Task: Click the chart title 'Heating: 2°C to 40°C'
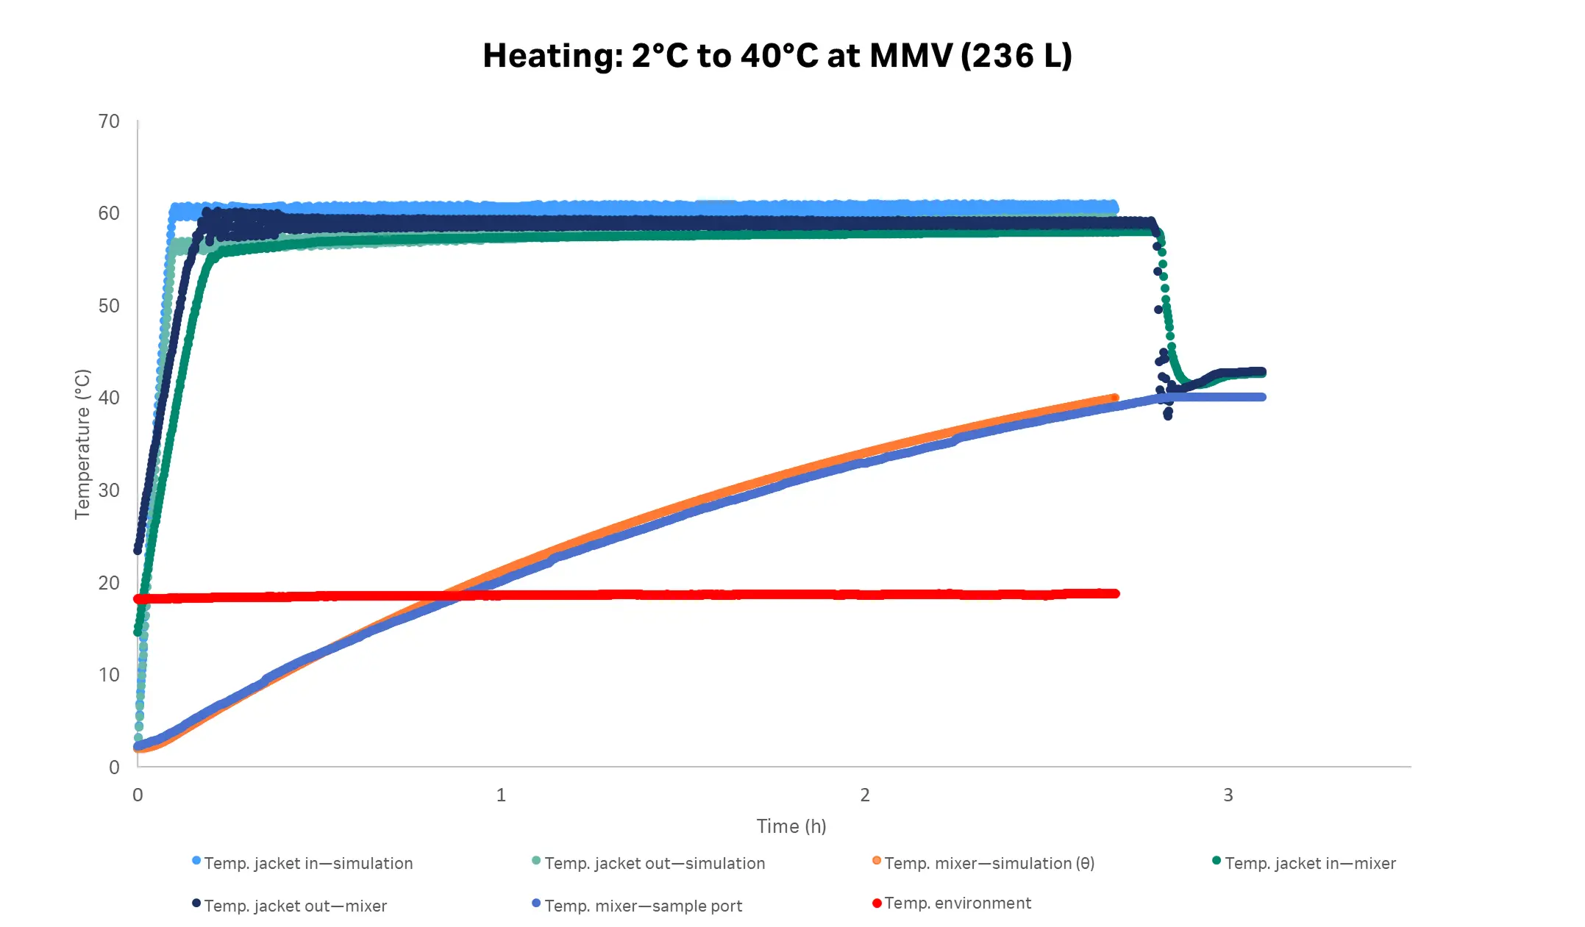(777, 56)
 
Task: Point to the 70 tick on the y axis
(109, 121)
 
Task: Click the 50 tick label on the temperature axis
(109, 306)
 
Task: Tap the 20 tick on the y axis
(109, 583)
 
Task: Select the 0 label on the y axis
(114, 767)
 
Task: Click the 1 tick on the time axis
(501, 795)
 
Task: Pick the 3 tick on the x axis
(1228, 795)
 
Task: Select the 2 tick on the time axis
(864, 795)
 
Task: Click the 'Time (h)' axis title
(791, 826)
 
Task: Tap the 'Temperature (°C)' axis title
(82, 444)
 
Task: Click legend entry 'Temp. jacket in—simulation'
(307, 863)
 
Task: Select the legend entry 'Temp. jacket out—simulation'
(654, 863)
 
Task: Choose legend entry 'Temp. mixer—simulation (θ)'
(989, 863)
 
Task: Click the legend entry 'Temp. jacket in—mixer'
(1309, 863)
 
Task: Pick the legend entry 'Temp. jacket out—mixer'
(295, 906)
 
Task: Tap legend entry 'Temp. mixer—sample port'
(643, 906)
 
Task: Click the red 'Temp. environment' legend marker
(877, 903)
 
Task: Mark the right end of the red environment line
(1116, 593)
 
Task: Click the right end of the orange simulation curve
(1115, 398)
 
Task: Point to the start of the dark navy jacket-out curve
(138, 550)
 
